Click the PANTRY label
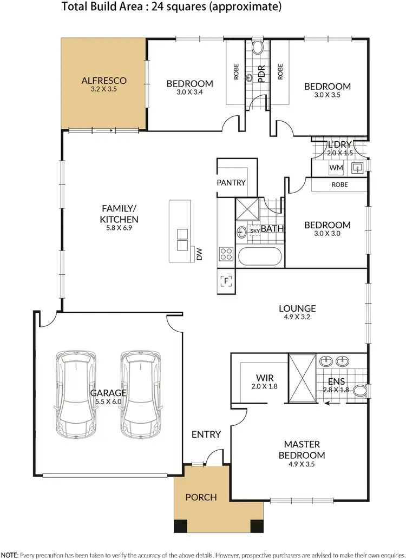(x=231, y=182)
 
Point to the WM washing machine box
(x=336, y=168)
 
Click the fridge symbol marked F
(x=226, y=280)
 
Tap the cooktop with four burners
(x=226, y=254)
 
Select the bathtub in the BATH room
(x=260, y=257)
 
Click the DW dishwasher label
(x=199, y=254)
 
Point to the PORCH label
(x=201, y=497)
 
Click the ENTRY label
(x=206, y=434)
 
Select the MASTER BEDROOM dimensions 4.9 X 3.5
(x=302, y=464)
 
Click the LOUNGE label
(x=297, y=309)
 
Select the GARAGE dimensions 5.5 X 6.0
(x=108, y=402)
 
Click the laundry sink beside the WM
(x=357, y=168)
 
